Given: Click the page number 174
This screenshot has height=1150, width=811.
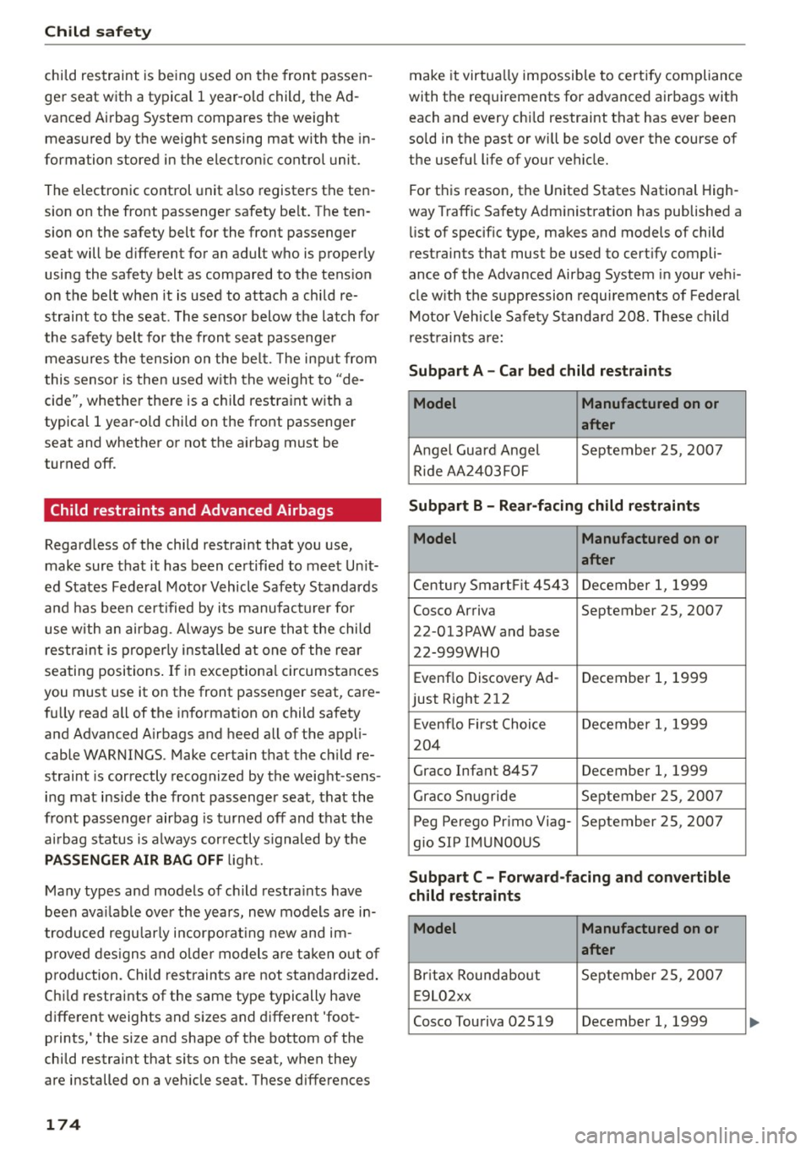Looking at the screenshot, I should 63,1125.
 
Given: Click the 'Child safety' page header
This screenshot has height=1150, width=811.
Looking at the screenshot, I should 98,32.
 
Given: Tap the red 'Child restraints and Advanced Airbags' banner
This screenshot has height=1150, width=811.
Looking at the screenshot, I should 212,510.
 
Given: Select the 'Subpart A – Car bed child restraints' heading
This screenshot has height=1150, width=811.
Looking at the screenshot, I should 540,371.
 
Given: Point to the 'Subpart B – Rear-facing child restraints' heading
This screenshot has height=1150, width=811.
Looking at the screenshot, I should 553,506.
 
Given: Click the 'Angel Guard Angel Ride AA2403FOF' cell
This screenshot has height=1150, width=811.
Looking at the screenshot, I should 492,461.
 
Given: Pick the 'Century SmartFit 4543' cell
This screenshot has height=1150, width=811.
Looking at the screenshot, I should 491,586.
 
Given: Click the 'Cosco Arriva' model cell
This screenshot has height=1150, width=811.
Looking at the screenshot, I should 492,631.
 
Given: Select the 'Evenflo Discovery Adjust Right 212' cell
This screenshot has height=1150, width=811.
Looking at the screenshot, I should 492,689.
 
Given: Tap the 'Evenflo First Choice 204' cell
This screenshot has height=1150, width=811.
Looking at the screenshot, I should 492,734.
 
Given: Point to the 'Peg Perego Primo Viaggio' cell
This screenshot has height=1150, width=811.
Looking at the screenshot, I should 492,831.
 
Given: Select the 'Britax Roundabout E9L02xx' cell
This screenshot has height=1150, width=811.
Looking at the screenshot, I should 492,985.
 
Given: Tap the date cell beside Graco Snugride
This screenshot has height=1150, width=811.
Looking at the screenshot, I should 652,796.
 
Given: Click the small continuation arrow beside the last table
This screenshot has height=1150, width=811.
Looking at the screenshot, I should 754,1022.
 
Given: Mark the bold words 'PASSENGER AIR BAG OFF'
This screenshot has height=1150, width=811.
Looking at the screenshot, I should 133,860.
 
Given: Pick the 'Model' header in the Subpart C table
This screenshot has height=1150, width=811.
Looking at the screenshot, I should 435,929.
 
